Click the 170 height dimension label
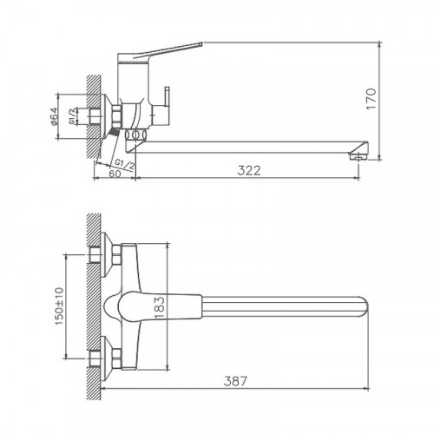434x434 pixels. tap(372, 99)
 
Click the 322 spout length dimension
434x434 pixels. tap(249, 170)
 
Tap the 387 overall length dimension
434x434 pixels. tap(235, 381)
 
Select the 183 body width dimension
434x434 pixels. tap(160, 307)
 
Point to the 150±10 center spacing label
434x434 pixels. tap(59, 306)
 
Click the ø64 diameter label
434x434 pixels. tap(54, 116)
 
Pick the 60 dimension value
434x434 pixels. tap(115, 174)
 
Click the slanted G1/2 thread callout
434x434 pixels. tap(125, 164)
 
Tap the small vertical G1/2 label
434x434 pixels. tap(72, 116)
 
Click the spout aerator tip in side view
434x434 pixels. tap(358, 156)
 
